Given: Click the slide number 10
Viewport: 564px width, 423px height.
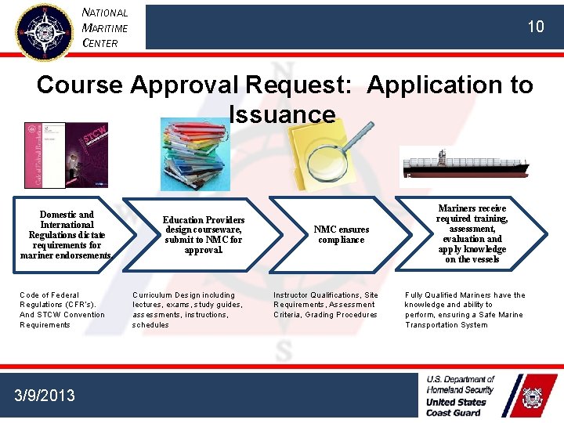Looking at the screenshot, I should point(535,27).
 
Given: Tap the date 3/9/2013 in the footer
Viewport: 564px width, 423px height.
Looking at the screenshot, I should point(45,395).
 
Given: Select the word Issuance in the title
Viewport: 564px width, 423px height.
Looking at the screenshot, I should point(282,114).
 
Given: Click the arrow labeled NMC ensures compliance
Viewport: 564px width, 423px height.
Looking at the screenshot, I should point(342,234).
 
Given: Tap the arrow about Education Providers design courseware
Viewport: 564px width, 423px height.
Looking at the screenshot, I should point(204,234).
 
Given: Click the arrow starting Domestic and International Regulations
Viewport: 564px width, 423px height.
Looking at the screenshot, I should point(66,234).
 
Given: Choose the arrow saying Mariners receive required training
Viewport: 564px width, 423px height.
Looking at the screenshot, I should point(473,233).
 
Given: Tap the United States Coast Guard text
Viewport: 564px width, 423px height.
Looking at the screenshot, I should point(455,407).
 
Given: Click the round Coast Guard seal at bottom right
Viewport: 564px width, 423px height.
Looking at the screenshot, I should point(532,398).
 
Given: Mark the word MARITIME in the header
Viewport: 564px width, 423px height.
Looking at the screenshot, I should point(105,27).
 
